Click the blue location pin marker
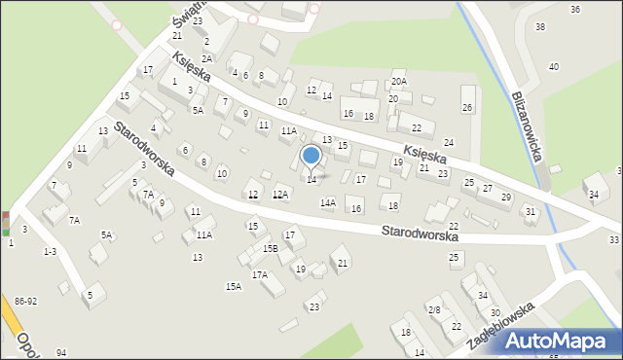[x=311, y=156]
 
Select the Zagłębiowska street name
[x=501, y=325]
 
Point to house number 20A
[x=399, y=81]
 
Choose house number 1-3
[x=50, y=251]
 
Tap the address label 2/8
[x=434, y=309]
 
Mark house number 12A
[x=279, y=195]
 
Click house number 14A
[x=328, y=202]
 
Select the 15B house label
[x=270, y=248]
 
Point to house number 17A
[x=259, y=275]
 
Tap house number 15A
[x=234, y=286]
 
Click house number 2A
[x=206, y=58]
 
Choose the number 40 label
[x=554, y=66]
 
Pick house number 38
[x=540, y=26]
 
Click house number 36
[x=575, y=9]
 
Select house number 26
[x=467, y=107]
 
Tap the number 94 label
[x=61, y=352]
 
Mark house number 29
[x=505, y=198]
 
